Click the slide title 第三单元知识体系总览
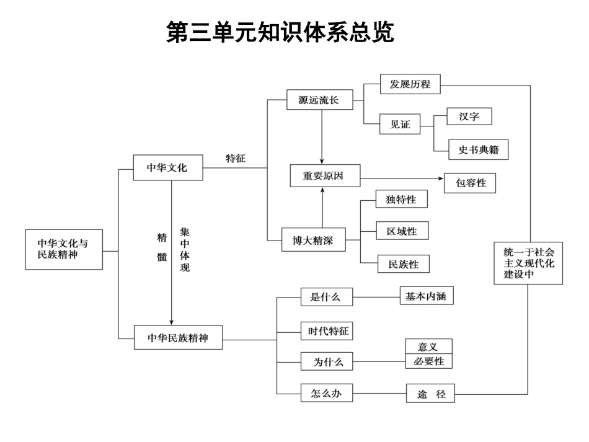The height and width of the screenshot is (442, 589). [280, 33]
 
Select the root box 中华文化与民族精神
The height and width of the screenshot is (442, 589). [64, 249]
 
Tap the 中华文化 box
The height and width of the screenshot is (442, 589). [168, 167]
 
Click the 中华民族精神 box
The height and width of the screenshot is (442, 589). [179, 338]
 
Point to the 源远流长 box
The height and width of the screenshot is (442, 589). [317, 99]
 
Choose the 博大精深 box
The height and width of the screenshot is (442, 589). [313, 240]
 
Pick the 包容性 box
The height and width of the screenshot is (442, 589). [470, 183]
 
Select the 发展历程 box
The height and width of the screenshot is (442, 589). [409, 84]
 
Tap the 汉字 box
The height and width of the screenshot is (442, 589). [469, 117]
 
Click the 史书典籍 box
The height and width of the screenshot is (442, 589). [478, 149]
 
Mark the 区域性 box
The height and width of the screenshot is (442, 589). [402, 231]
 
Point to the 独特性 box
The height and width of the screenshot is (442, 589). [401, 200]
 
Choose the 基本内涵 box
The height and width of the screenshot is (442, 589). [426, 296]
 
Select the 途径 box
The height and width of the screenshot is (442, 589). [430, 393]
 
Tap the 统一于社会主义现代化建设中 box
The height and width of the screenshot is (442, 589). [528, 262]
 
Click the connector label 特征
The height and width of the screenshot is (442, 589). [236, 158]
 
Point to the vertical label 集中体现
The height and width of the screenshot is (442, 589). [185, 250]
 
